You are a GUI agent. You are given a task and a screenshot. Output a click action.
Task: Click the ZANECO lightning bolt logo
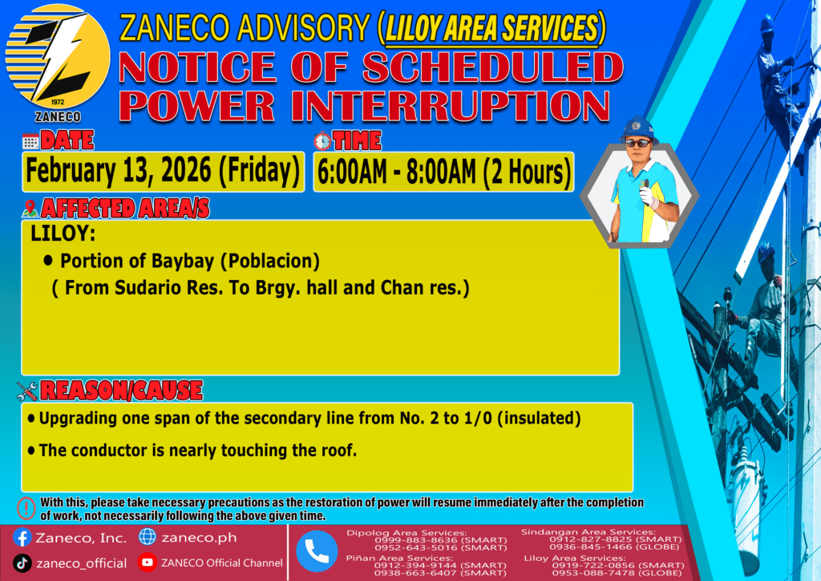(58, 57)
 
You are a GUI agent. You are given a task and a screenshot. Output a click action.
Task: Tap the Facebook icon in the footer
(22, 538)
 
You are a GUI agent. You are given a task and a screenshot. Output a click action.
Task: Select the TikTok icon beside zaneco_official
(22, 563)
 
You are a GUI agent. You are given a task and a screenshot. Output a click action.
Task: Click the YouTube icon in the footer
(148, 563)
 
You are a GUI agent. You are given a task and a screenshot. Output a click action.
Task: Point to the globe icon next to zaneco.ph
(148, 537)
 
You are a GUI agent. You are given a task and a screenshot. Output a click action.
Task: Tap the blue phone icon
(317, 551)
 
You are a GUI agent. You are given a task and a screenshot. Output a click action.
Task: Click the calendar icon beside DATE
(30, 141)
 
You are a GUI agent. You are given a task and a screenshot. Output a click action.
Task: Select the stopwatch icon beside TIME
(322, 140)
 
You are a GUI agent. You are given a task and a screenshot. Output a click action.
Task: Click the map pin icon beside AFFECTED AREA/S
(30, 209)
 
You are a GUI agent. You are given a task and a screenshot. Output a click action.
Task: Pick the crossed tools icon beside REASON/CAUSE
(27, 391)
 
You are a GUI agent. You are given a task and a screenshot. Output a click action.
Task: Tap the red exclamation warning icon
(26, 508)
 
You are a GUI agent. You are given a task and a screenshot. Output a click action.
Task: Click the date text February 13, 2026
(119, 171)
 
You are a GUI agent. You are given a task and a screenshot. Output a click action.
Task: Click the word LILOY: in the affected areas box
(63, 234)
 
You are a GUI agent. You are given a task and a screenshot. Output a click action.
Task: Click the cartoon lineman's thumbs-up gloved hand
(648, 193)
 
